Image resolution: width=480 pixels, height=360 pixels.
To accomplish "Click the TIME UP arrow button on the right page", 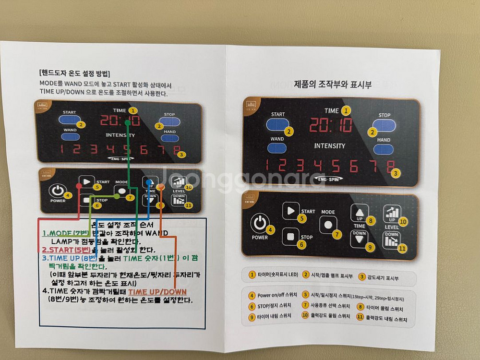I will [360, 212].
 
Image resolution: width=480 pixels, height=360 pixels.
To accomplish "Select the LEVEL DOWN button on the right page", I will [391, 240].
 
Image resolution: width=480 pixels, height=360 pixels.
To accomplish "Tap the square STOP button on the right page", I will [290, 236].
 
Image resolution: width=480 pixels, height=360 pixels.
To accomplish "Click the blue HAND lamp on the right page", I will [383, 149].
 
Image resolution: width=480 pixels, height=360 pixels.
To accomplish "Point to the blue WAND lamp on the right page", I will [277, 148].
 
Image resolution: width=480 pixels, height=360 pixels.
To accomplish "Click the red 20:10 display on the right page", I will [331, 125].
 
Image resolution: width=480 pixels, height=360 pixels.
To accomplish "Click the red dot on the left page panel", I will [79, 185].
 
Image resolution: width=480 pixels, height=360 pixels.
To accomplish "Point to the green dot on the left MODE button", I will [117, 196].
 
